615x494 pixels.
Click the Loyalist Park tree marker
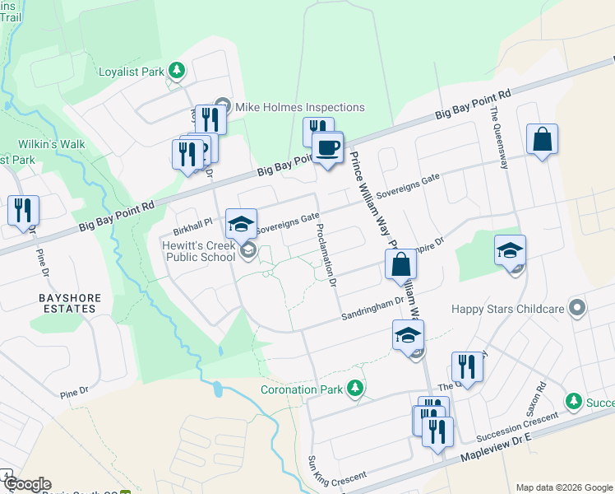176,71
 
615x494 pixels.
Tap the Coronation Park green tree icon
355,388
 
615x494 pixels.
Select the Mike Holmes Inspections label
299,107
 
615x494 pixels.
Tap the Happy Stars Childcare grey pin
577,309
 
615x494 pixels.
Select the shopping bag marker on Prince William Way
400,264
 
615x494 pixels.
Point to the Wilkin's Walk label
55,144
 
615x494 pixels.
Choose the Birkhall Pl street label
192,221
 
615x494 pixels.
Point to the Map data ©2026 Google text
563,487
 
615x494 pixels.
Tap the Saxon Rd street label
541,401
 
